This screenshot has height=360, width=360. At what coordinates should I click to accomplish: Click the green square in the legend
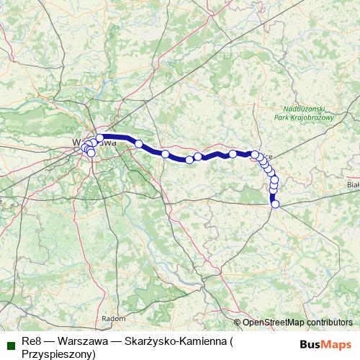11,341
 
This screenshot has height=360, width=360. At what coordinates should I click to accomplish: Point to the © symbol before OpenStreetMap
238,323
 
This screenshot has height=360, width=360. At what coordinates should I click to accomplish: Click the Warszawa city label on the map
94,143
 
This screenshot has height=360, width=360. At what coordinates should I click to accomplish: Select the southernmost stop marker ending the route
275,204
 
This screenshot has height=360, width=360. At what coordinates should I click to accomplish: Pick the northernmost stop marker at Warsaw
99,138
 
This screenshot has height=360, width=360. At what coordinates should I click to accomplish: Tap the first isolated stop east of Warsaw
138,144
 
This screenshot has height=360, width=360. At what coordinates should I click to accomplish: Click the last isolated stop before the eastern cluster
233,154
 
